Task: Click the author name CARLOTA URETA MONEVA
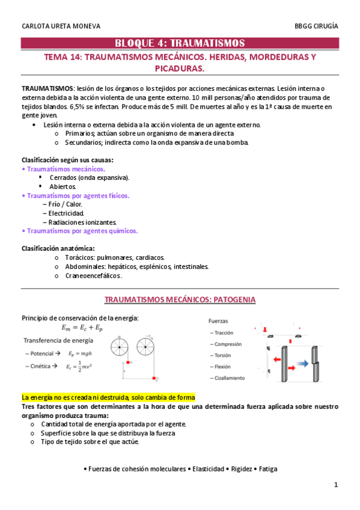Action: tap(61, 26)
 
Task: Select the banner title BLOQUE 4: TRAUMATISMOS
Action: tap(180, 43)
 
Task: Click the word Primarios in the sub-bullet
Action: tap(79, 134)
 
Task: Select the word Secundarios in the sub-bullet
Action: tap(82, 143)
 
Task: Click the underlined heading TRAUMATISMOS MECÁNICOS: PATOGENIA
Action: tap(180, 299)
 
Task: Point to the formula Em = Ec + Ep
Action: tap(82, 328)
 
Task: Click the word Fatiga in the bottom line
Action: tap(267, 469)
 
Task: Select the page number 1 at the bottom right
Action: tap(337, 485)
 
